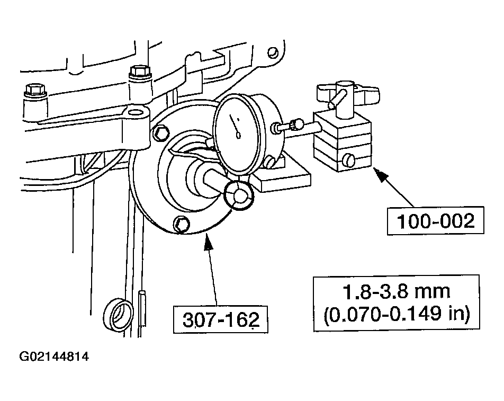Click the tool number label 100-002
tap(436, 220)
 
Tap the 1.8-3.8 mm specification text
tap(396, 291)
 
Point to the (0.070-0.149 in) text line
tap(396, 315)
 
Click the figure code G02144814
tap(54, 357)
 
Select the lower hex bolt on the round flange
tap(182, 224)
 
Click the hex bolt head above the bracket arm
tap(139, 70)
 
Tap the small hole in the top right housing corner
tap(273, 53)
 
